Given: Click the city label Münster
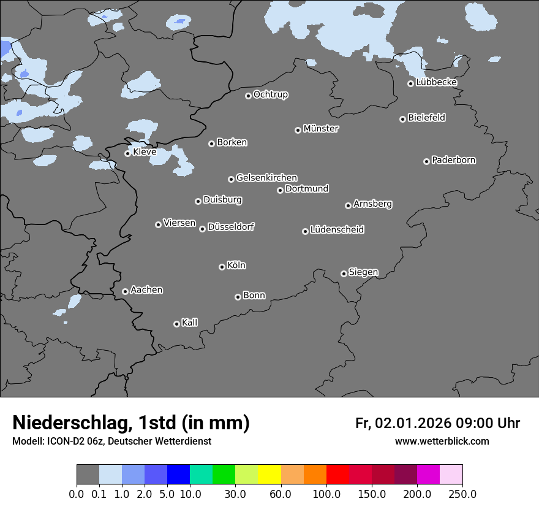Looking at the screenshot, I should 321,129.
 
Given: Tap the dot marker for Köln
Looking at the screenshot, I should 222,267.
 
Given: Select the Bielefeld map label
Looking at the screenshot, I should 426,118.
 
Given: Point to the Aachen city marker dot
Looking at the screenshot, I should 125,291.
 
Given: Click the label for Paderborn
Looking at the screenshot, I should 453,160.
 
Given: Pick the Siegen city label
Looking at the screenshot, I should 363,272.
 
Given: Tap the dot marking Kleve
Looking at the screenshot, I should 127,153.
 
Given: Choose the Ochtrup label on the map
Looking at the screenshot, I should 270,94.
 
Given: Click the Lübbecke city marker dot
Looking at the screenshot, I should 410,83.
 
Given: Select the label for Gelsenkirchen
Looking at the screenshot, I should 266,178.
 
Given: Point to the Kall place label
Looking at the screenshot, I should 190,323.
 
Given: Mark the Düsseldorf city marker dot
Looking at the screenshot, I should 202,229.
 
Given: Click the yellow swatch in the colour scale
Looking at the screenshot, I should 269,475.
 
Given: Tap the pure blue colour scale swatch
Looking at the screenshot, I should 178,475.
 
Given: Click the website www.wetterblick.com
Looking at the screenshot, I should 442,442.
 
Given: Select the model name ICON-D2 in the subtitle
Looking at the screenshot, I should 62,442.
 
